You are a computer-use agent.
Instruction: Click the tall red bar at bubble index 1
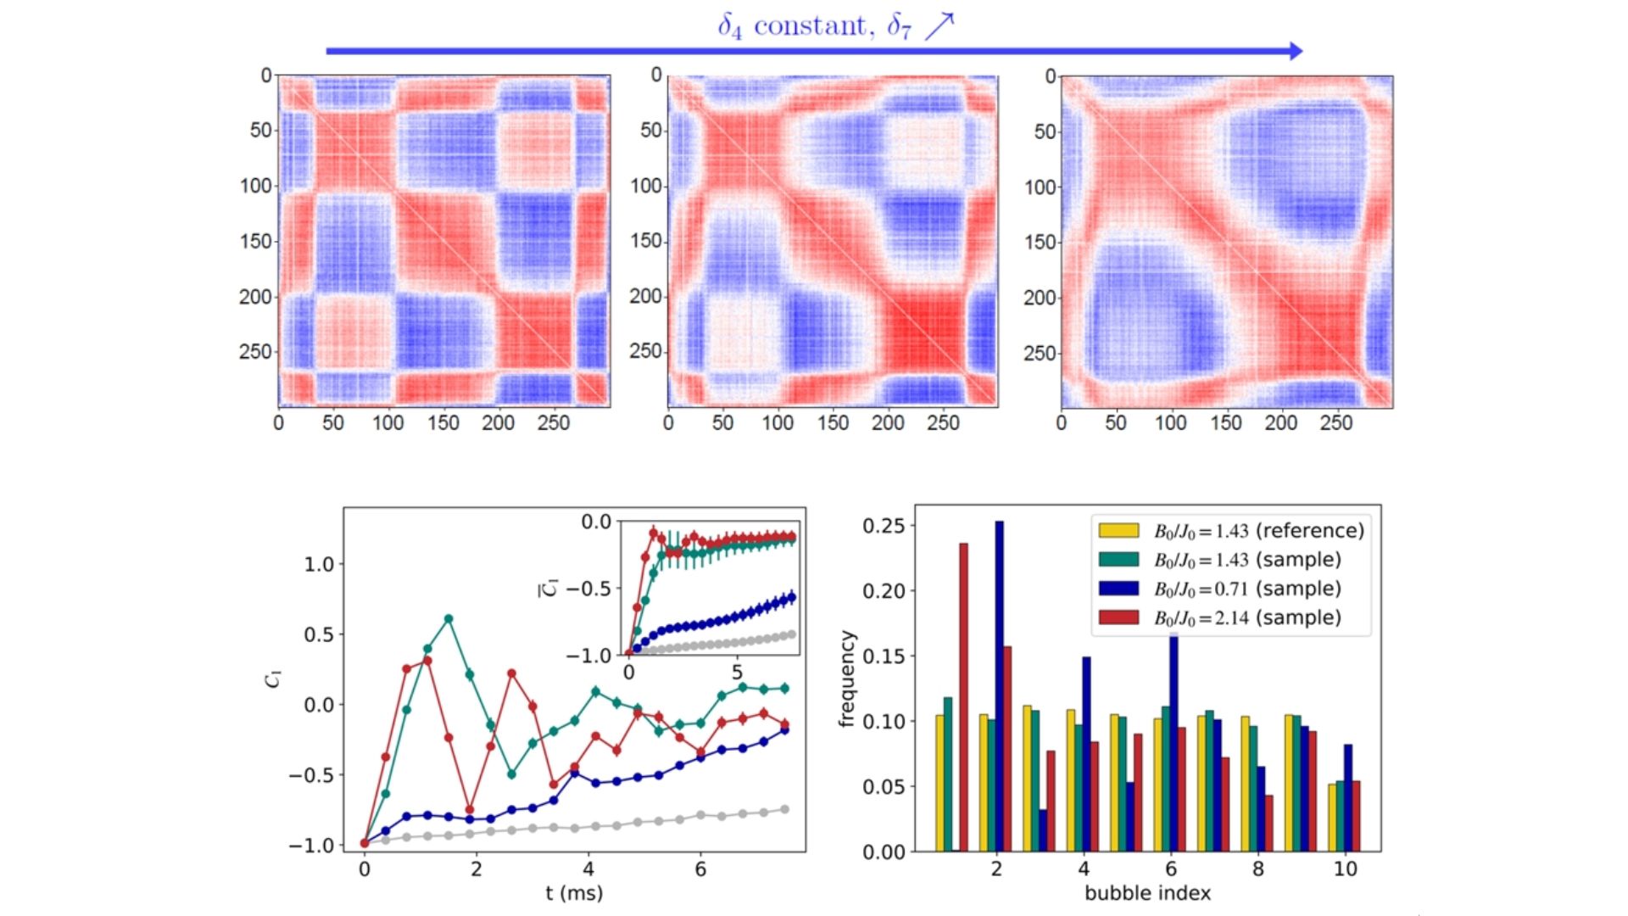click(x=963, y=695)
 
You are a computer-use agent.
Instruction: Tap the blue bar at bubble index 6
click(x=1174, y=742)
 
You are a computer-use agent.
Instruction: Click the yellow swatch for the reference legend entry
click(x=1118, y=531)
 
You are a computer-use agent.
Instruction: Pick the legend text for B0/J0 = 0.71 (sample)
click(x=1247, y=589)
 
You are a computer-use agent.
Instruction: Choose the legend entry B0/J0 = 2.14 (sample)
click(x=1247, y=617)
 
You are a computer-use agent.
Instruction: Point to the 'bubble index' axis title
click(x=1147, y=893)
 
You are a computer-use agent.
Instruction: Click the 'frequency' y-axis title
click(x=847, y=679)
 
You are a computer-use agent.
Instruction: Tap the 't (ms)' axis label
click(x=574, y=893)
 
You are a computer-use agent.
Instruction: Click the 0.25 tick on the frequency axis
click(x=884, y=526)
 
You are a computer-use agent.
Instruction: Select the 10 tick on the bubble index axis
click(x=1345, y=869)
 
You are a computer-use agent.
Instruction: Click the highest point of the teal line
click(x=449, y=619)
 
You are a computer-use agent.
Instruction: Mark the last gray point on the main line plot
click(x=785, y=809)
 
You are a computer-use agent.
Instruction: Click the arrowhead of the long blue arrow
click(x=1296, y=51)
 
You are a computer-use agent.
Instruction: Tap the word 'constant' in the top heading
click(x=809, y=26)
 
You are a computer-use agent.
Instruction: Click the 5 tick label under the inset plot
click(x=737, y=672)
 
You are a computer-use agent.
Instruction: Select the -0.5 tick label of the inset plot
click(x=588, y=589)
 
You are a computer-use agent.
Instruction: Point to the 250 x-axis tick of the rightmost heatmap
click(x=1335, y=422)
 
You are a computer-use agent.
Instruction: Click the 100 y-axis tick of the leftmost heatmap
click(x=257, y=186)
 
